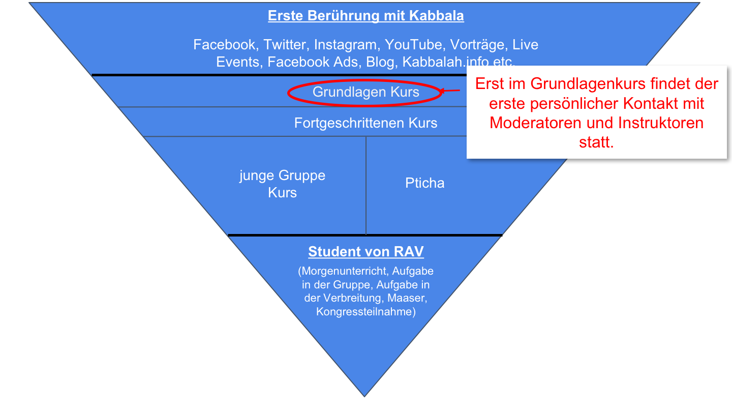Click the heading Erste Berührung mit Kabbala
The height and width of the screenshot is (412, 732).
[366, 16]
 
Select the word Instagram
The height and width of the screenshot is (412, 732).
[346, 45]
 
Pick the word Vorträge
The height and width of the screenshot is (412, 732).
[478, 45]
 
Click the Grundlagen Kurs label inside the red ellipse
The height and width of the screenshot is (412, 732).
[365, 92]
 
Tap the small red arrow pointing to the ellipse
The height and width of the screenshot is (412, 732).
[450, 91]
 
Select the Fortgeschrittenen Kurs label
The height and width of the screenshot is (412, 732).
[365, 123]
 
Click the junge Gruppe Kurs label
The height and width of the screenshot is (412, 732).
[282, 184]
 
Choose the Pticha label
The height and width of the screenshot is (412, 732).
[424, 183]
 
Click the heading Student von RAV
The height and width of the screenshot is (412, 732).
[366, 252]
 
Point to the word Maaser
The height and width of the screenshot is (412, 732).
[404, 298]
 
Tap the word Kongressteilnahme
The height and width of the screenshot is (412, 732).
[366, 312]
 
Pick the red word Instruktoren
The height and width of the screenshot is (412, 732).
[660, 123]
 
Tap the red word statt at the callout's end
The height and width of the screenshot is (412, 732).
[596, 142]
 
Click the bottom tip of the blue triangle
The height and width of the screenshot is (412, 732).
[364, 395]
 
